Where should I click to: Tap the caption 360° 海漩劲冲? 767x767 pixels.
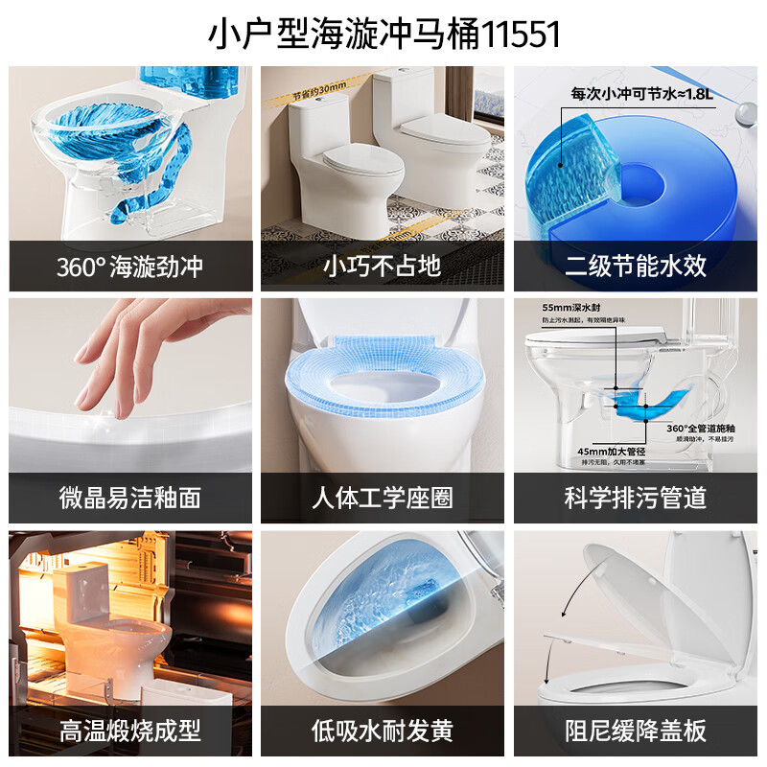click(x=130, y=266)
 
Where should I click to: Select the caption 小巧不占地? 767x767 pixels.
click(x=383, y=266)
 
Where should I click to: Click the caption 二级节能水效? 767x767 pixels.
click(x=636, y=266)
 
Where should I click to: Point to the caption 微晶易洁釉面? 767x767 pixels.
click(x=130, y=498)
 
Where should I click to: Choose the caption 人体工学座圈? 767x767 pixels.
click(x=383, y=498)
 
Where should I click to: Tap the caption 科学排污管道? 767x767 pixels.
click(x=636, y=498)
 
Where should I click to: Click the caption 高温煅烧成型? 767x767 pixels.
click(x=130, y=731)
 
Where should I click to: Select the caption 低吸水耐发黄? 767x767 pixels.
click(x=383, y=731)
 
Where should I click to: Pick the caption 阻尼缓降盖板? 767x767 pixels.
click(x=636, y=731)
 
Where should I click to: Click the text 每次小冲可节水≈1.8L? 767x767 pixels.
click(x=643, y=94)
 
